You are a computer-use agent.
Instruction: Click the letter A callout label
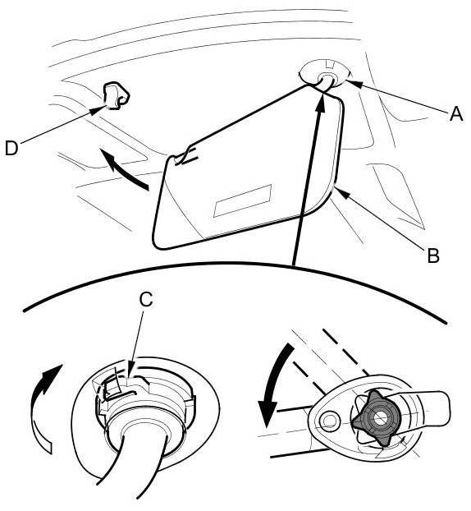pyautogui.click(x=456, y=115)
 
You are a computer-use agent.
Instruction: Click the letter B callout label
pyautogui.click(x=433, y=255)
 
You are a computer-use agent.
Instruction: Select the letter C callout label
pyautogui.click(x=146, y=299)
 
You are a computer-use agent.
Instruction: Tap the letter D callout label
pyautogui.click(x=11, y=149)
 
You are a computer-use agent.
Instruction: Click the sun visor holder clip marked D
pyautogui.click(x=116, y=95)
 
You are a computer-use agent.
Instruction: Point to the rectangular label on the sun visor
pyautogui.click(x=243, y=200)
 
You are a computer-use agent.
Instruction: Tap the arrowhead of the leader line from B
pyautogui.click(x=341, y=193)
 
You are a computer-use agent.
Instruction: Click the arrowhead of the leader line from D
pyautogui.click(x=97, y=110)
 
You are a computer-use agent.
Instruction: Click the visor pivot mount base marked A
pyautogui.click(x=324, y=73)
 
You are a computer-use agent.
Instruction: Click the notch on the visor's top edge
pyautogui.click(x=185, y=155)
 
